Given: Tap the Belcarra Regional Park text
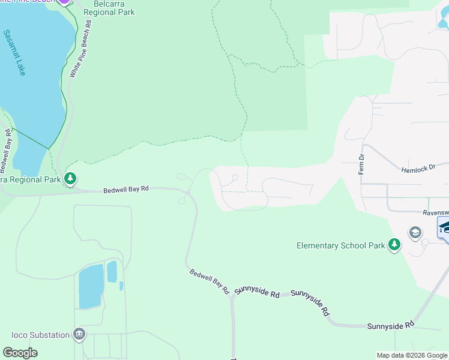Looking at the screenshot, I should point(109,8).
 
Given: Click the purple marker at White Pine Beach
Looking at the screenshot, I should point(64,1).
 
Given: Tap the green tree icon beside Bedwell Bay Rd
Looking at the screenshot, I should point(71,179).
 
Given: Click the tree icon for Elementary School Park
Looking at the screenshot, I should point(394,245).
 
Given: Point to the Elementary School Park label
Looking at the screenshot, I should point(340,245).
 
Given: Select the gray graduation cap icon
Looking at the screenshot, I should point(415,232).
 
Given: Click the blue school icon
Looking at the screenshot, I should point(444,228).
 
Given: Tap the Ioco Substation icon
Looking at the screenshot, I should point(79,334).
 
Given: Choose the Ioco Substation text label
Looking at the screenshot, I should point(40,335).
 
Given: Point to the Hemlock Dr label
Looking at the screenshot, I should point(418,169).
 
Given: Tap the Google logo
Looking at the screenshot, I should point(20,353).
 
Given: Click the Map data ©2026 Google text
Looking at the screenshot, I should point(411,355).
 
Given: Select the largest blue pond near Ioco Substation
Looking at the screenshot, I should point(91,286).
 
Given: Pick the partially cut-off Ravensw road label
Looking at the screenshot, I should point(435,212).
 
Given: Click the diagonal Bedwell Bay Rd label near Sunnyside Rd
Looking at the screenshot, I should point(209,281).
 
